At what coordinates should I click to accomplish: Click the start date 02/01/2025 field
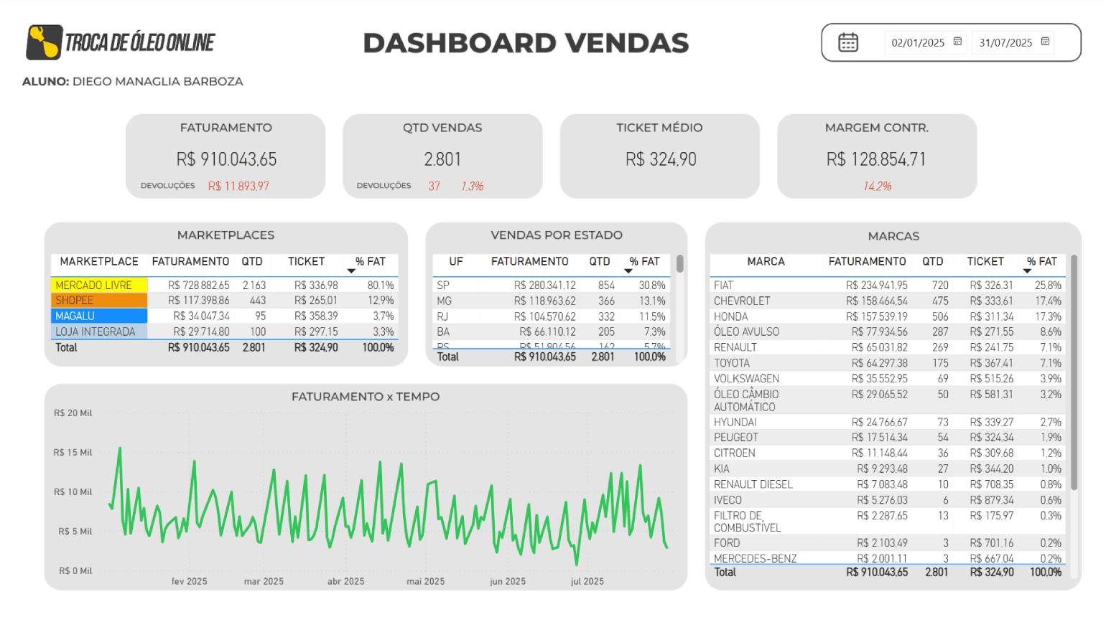[x=918, y=43]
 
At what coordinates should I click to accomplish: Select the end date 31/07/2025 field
[x=1005, y=43]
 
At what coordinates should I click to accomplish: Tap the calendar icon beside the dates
[x=848, y=42]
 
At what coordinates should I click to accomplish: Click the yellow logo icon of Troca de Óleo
[x=44, y=42]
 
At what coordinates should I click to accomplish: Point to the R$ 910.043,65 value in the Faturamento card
[x=226, y=159]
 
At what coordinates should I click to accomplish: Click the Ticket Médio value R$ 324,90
[x=661, y=159]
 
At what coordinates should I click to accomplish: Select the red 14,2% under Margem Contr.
[x=877, y=187]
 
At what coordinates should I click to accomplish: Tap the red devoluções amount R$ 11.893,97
[x=238, y=187]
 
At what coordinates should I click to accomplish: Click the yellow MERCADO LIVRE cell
[x=98, y=286]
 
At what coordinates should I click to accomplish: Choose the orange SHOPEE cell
[x=98, y=301]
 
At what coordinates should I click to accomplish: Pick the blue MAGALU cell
[x=98, y=316]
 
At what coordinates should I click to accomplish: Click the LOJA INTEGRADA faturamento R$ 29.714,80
[x=201, y=332]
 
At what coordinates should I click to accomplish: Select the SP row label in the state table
[x=443, y=286]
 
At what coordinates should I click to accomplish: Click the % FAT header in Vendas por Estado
[x=644, y=262]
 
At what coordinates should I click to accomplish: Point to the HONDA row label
[x=730, y=317]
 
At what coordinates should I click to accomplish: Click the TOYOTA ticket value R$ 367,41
[x=991, y=364]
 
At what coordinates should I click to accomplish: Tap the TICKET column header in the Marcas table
[x=985, y=262]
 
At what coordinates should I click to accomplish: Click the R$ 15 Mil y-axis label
[x=73, y=453]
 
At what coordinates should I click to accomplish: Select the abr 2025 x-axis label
[x=345, y=582]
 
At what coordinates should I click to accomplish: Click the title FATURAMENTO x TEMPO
[x=366, y=397]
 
